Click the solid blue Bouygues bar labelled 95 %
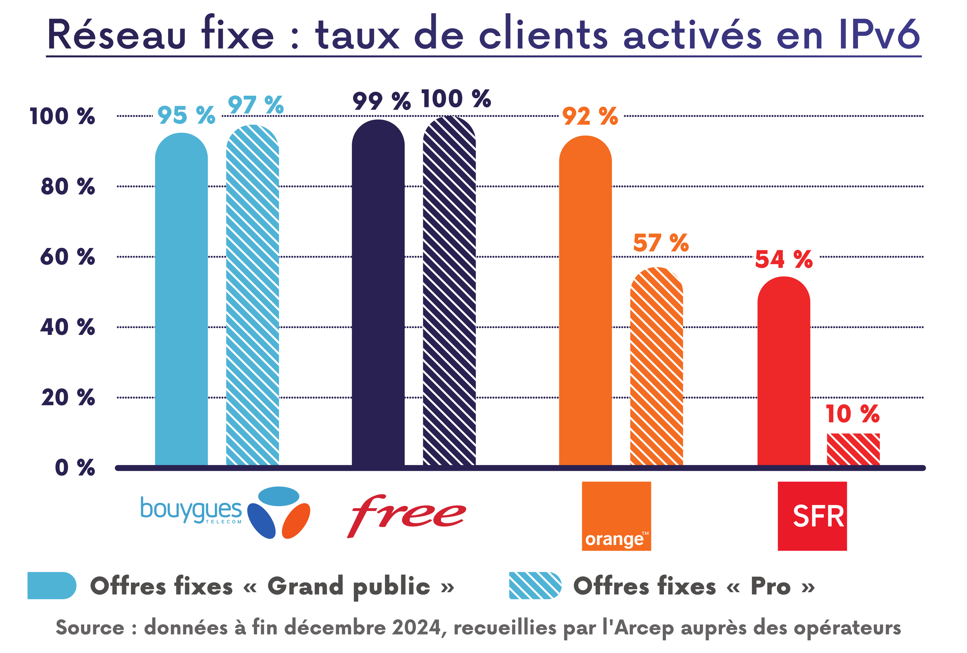(181, 299)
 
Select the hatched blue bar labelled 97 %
(253, 295)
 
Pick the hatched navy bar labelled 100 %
(449, 291)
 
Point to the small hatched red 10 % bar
(853, 449)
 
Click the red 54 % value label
(783, 259)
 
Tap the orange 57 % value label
(661, 243)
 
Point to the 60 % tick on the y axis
(68, 257)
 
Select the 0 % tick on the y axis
(75, 468)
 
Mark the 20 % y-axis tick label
(68, 397)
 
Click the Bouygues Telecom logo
(225, 512)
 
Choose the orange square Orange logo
(616, 516)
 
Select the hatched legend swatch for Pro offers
(535, 585)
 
